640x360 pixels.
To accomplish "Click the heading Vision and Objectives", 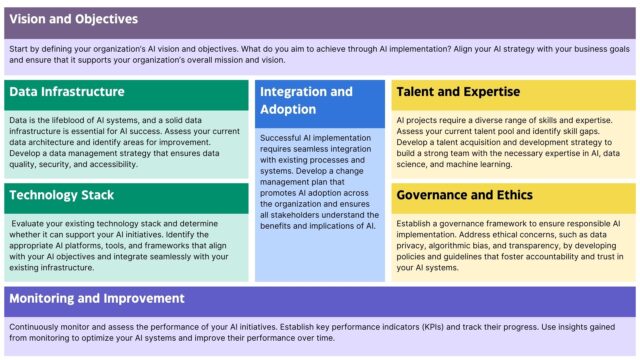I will tap(74, 20).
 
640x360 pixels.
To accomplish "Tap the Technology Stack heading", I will tap(62, 195).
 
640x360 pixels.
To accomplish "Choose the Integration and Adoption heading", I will tap(306, 100).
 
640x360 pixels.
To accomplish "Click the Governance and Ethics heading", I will tap(464, 194).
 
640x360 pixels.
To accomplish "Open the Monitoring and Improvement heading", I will tap(97, 298).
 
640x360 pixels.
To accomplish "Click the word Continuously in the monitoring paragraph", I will tap(39, 326).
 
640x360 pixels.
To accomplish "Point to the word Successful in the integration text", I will tap(283, 137).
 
